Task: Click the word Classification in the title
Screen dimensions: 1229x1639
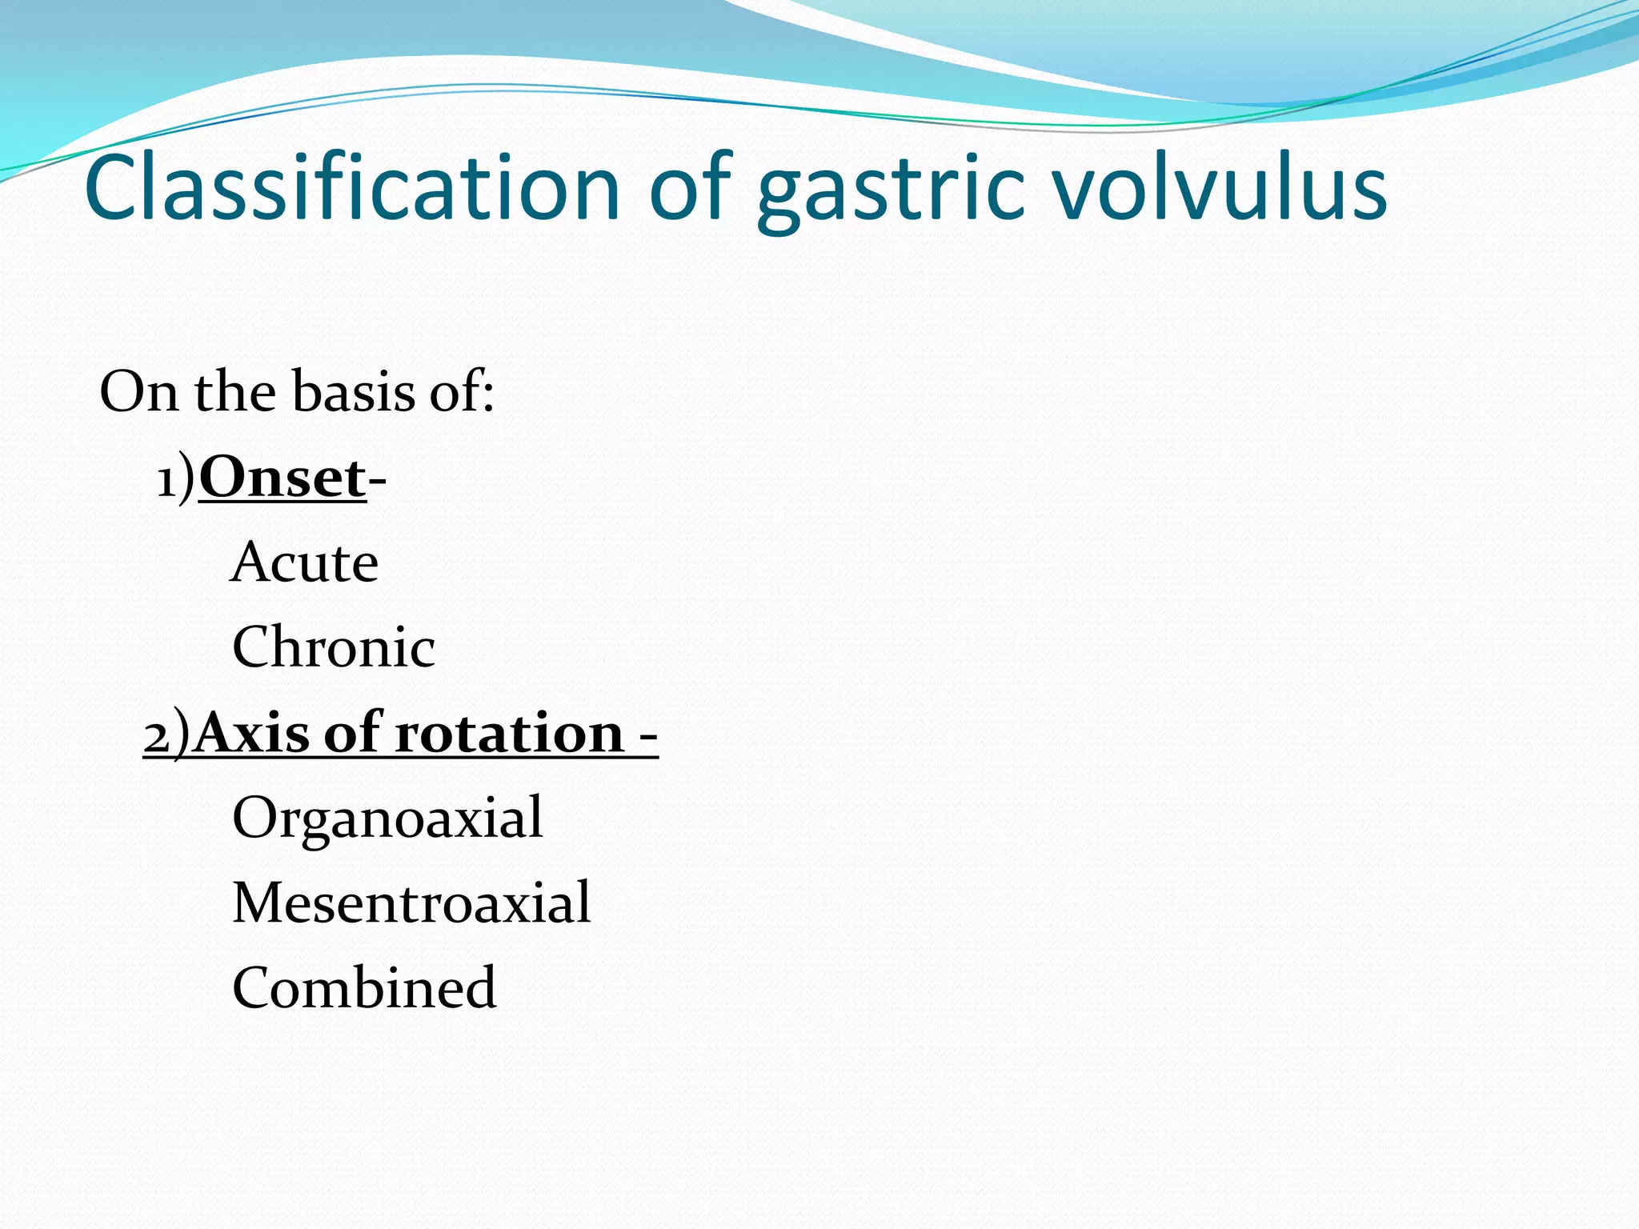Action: click(352, 188)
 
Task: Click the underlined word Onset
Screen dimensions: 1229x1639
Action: click(283, 478)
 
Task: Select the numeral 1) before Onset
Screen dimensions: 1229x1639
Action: click(175, 480)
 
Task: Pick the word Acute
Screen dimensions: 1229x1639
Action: click(305, 562)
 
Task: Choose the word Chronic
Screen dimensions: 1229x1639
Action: click(334, 647)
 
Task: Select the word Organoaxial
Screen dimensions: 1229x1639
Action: click(387, 818)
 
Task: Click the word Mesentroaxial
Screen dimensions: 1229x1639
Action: click(411, 903)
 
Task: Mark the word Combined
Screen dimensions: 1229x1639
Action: click(364, 988)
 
